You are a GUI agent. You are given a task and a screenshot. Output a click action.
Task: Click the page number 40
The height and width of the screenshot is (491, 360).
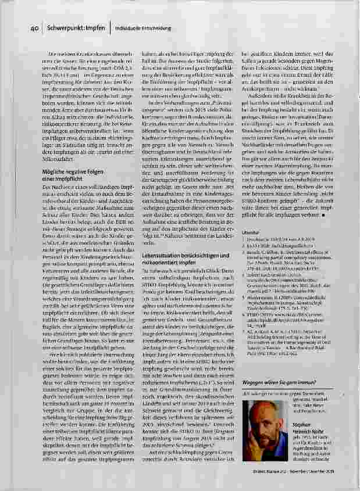tap(34, 28)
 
